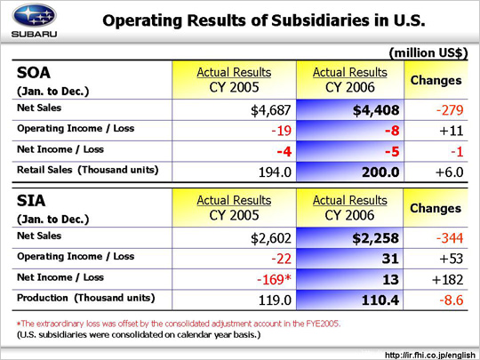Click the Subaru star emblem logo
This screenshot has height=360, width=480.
(35, 15)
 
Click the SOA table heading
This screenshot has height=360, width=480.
(34, 73)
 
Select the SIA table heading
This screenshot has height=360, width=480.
(31, 201)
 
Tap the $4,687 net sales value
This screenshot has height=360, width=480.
(270, 110)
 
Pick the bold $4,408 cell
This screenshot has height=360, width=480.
(376, 110)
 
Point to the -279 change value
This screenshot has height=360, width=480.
(450, 110)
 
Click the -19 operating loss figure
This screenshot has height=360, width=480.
(281, 131)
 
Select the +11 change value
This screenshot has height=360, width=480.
(452, 131)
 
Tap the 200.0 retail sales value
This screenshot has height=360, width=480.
(380, 172)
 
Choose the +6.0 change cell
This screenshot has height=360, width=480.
(450, 172)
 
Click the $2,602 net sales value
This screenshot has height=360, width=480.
(270, 238)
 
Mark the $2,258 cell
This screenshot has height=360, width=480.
(376, 238)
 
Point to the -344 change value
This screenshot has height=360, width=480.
(450, 238)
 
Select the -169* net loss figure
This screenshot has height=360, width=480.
(274, 279)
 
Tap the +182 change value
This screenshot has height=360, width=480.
(447, 279)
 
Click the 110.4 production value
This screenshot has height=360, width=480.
(380, 300)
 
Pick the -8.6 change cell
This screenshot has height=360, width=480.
(452, 300)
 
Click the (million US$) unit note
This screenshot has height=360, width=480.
(428, 53)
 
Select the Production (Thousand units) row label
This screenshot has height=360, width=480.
(86, 298)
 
